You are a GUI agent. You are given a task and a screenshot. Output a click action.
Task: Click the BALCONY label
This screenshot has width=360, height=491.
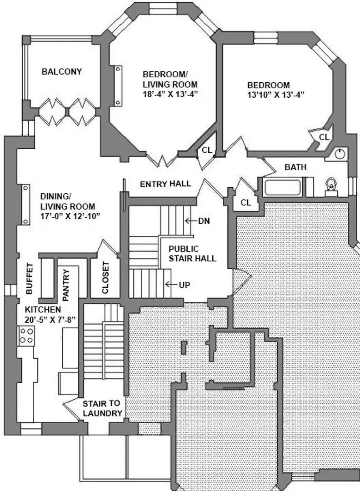point(62,72)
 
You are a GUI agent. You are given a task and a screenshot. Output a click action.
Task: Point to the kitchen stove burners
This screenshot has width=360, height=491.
point(26,336)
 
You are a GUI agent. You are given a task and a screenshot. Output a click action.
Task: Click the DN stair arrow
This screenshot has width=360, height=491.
point(191,221)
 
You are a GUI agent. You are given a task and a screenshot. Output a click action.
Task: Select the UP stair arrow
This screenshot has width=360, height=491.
point(171,284)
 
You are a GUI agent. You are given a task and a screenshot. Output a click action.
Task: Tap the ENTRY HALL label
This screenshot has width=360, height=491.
point(165,184)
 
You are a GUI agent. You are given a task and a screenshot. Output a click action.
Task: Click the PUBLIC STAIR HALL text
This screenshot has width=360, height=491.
point(192,254)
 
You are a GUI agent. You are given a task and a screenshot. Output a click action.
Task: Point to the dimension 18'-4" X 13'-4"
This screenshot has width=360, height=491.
point(170,94)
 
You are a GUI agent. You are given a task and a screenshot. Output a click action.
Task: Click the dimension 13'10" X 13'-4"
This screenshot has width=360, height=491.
point(275,95)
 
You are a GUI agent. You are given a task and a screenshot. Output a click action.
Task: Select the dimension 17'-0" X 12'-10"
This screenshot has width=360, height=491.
point(70,216)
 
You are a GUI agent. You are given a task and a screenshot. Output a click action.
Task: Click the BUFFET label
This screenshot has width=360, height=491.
point(30,278)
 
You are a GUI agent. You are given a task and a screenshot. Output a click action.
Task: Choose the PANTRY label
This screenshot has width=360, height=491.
point(66,285)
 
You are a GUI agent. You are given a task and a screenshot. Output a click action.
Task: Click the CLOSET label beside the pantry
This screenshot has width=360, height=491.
point(105,278)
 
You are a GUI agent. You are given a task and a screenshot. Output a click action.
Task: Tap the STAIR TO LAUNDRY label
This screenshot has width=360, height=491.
point(102,408)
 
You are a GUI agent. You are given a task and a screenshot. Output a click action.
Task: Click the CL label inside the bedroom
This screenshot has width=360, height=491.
point(324,137)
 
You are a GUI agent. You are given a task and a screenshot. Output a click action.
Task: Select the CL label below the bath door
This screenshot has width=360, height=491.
point(246,203)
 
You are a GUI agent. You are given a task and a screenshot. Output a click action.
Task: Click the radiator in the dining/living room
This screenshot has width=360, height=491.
point(25,205)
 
